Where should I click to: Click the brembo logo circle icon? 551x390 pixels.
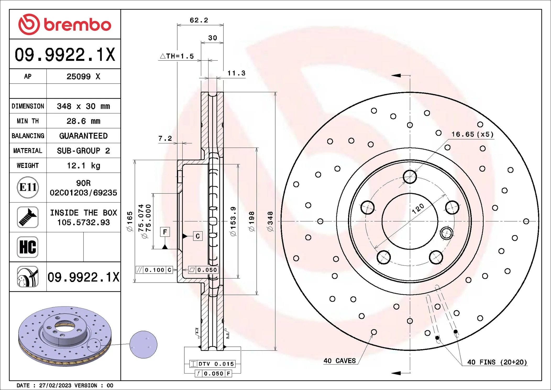tap(29, 24)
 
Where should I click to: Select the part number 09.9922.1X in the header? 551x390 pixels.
tap(65, 55)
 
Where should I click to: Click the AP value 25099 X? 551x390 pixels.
tap(83, 77)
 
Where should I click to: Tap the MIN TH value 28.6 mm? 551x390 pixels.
tap(83, 121)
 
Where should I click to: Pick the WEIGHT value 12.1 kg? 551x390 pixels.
tap(83, 166)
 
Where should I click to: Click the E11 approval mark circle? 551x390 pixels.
tap(28, 187)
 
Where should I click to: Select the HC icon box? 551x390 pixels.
tap(28, 247)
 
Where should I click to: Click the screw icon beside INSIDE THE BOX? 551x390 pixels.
tap(28, 217)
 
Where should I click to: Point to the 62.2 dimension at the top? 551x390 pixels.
tap(199, 20)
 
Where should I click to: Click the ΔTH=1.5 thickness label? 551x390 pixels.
tap(177, 56)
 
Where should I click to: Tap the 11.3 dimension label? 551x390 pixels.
tap(236, 73)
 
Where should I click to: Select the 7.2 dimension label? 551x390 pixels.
tap(165, 138)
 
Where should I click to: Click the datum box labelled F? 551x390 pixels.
tap(165, 232)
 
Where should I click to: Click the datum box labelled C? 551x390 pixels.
tap(198, 236)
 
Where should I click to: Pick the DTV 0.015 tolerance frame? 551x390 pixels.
tap(212, 364)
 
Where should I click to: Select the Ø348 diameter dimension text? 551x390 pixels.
tap(270, 221)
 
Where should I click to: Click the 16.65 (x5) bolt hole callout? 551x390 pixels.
tap(472, 134)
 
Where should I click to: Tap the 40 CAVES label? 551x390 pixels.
tap(340, 361)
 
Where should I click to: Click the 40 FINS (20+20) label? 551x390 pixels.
tap(497, 362)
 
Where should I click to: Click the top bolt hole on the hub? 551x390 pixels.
tap(410, 177)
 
